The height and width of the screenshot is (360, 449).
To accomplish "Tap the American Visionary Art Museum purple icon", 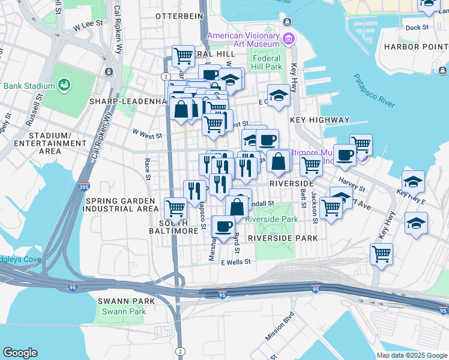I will (x=289, y=39).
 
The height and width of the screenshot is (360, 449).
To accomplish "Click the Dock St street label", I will (x=417, y=28).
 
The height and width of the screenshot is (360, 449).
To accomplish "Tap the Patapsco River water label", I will (x=373, y=92).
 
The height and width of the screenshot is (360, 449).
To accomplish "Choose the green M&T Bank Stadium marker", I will (x=64, y=85).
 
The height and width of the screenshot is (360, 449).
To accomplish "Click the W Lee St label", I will (x=85, y=26).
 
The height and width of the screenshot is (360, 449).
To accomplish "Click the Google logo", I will (x=20, y=353).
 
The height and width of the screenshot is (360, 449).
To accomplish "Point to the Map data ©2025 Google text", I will (x=411, y=355).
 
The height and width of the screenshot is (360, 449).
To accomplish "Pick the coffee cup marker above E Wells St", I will (x=224, y=226).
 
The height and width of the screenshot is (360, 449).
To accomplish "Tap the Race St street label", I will (x=146, y=169).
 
